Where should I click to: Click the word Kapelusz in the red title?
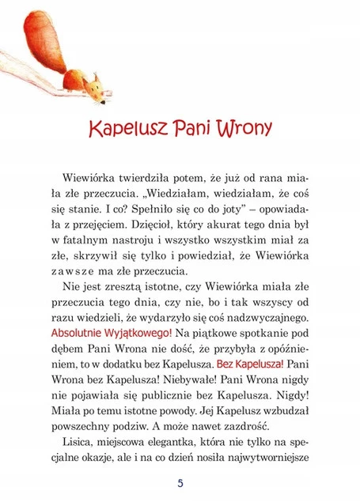[124, 128]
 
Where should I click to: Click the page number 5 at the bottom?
[180, 483]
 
